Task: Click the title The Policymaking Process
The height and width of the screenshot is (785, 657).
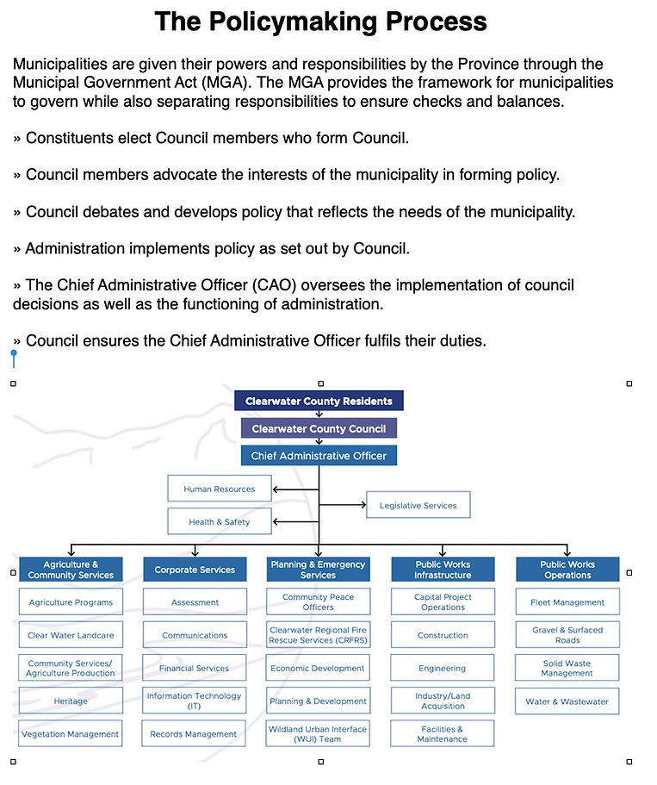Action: pos(320,22)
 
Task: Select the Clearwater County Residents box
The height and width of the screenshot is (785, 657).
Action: pos(319,401)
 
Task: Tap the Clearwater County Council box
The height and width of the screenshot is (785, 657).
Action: pos(319,428)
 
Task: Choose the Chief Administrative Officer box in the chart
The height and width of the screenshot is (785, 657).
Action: pos(319,456)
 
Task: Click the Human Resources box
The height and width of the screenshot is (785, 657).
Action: pos(220,489)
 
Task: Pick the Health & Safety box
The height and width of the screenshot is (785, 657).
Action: pos(220,521)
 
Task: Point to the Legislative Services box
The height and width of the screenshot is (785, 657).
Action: pos(418,505)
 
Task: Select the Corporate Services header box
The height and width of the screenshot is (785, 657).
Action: pos(195,570)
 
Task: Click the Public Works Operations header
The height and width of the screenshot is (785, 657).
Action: pos(567,570)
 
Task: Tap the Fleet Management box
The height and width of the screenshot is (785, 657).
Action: pos(567,602)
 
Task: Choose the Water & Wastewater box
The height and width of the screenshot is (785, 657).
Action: pos(567,701)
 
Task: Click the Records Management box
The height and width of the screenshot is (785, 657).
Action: pos(195,734)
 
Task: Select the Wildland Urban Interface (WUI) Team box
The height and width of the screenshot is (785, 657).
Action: pos(319,734)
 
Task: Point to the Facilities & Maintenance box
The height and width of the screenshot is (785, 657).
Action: pos(443,734)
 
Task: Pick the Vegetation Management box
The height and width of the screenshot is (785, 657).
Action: pos(71,734)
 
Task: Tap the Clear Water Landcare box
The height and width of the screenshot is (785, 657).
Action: pos(71,635)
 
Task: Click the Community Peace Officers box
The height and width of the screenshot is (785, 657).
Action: pos(319,602)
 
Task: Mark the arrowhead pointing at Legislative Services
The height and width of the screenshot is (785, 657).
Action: pos(363,505)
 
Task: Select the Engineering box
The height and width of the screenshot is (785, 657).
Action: pos(443,668)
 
